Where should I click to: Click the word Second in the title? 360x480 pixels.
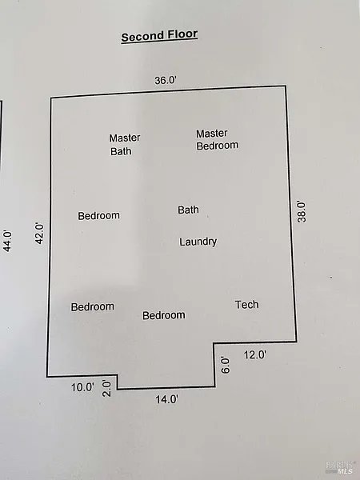tap(139, 37)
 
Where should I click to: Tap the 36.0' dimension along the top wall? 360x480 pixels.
tap(166, 81)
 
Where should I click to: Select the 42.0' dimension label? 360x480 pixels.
tap(39, 234)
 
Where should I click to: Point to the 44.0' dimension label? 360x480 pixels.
tap(7, 242)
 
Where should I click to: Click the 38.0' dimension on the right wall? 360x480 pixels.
tap(302, 211)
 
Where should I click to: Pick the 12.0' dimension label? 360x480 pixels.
tap(255, 355)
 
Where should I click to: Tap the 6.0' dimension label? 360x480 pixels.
tap(225, 365)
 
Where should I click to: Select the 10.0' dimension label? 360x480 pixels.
tap(82, 387)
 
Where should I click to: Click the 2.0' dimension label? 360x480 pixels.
tap(106, 389)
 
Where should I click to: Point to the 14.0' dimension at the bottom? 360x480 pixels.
tap(167, 399)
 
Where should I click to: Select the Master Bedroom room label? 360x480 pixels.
tap(218, 139)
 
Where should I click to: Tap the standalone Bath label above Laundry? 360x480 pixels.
tap(188, 210)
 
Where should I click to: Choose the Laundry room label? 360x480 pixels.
tap(198, 242)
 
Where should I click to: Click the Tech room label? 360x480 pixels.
tap(247, 305)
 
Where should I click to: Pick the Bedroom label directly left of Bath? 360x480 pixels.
tap(99, 216)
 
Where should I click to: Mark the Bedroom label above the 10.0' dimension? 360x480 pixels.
tap(93, 306)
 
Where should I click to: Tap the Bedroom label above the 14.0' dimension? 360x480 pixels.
tap(164, 315)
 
